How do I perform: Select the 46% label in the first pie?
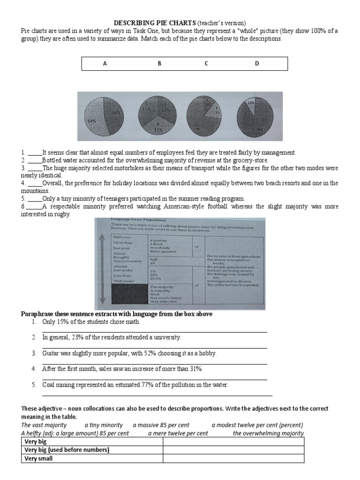[116, 112]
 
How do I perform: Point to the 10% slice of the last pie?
[251, 103]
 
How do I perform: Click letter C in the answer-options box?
[206, 64]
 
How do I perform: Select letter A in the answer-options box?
[105, 64]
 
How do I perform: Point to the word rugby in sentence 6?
[63, 214]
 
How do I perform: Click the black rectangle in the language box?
[128, 293]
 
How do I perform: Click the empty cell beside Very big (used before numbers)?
[233, 450]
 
